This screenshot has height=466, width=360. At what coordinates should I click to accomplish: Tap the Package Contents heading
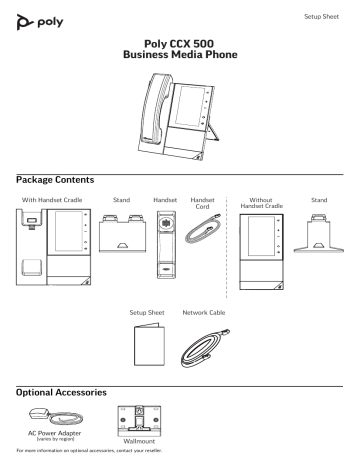(x=56, y=179)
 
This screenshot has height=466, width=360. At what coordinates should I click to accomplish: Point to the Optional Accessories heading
(x=66, y=384)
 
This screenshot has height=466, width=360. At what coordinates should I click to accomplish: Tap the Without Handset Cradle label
(x=258, y=204)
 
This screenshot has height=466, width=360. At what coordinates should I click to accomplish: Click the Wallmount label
(x=134, y=444)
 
